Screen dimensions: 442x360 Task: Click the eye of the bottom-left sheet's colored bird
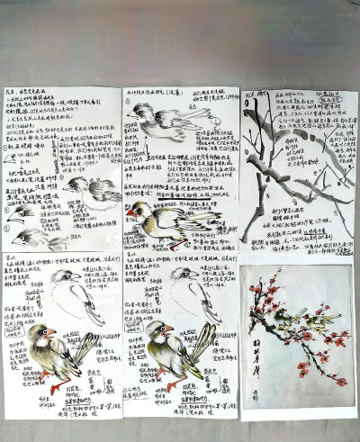44,332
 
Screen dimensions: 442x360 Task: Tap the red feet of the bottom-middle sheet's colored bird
175,385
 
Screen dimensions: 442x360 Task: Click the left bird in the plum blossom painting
287,318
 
